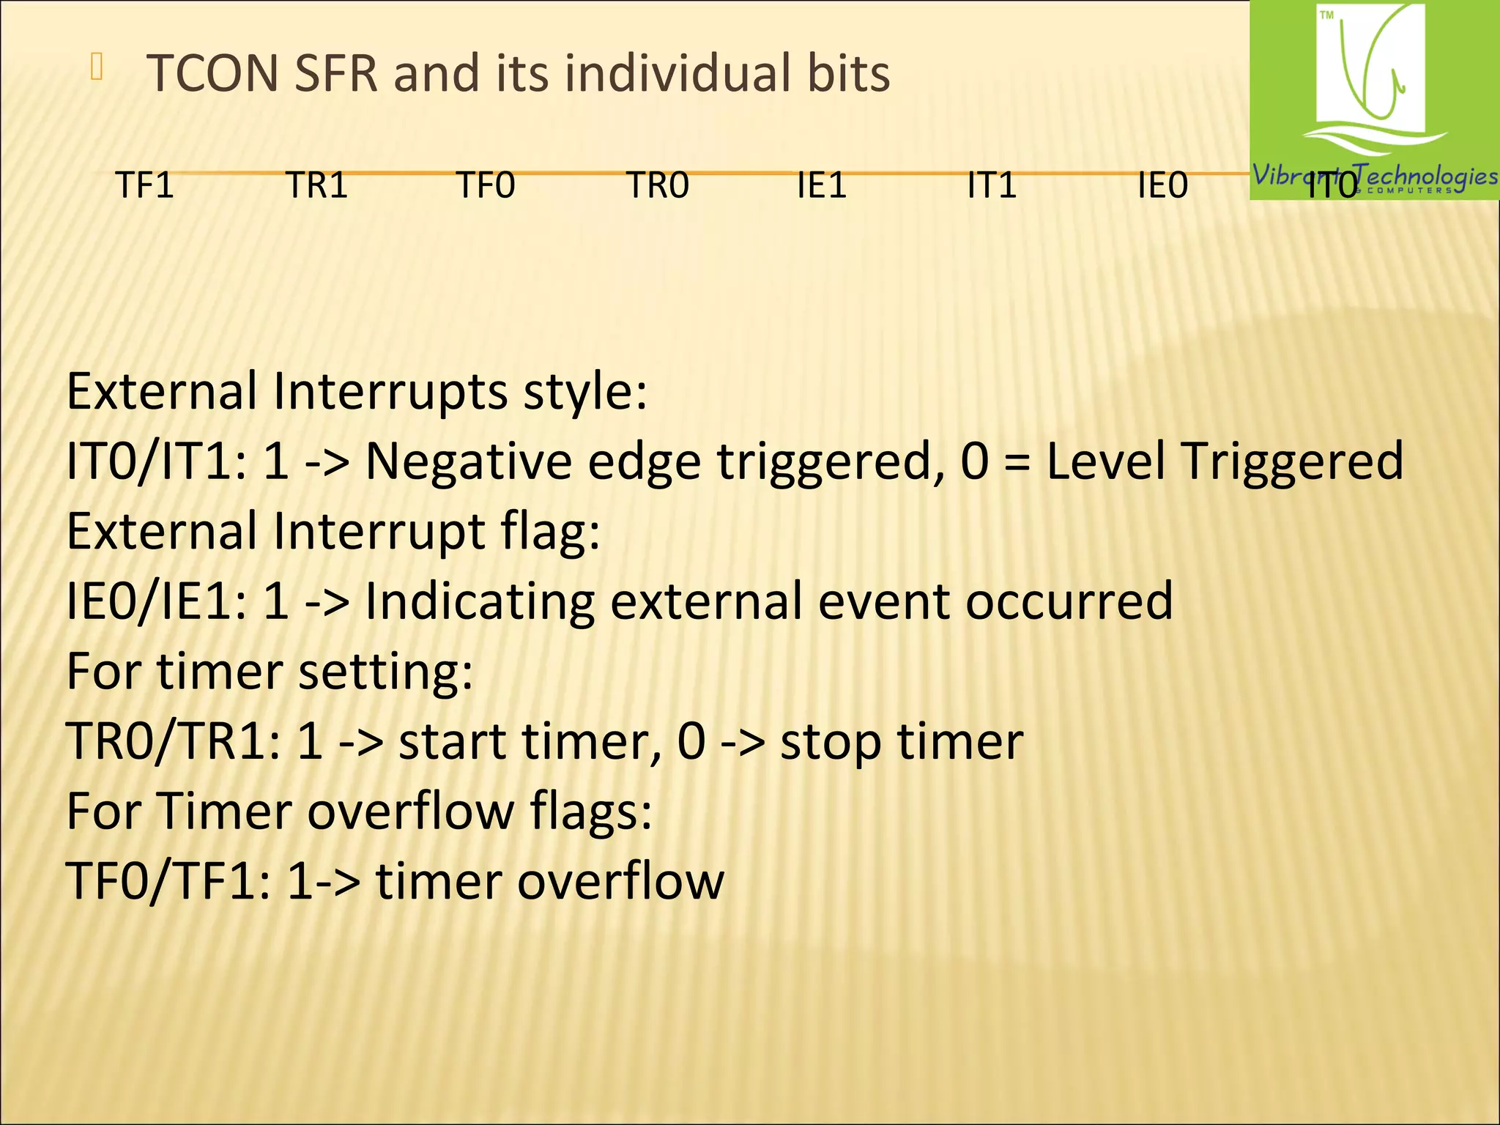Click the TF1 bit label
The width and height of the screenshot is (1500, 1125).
click(145, 185)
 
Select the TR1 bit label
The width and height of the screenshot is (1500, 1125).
click(316, 185)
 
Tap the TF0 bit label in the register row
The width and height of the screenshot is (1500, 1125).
click(486, 185)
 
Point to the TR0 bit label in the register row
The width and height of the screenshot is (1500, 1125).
click(658, 185)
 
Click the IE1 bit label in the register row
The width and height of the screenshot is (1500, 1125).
click(822, 185)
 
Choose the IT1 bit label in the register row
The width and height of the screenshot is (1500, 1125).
click(992, 185)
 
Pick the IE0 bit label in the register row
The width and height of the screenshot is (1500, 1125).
click(1162, 185)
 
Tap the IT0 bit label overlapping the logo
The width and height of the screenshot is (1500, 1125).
click(1332, 186)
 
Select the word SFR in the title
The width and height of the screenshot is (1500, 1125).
click(335, 74)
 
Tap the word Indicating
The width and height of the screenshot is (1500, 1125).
click(480, 601)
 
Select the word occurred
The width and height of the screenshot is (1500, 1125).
click(1069, 601)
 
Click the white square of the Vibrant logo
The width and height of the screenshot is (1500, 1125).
click(1370, 70)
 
